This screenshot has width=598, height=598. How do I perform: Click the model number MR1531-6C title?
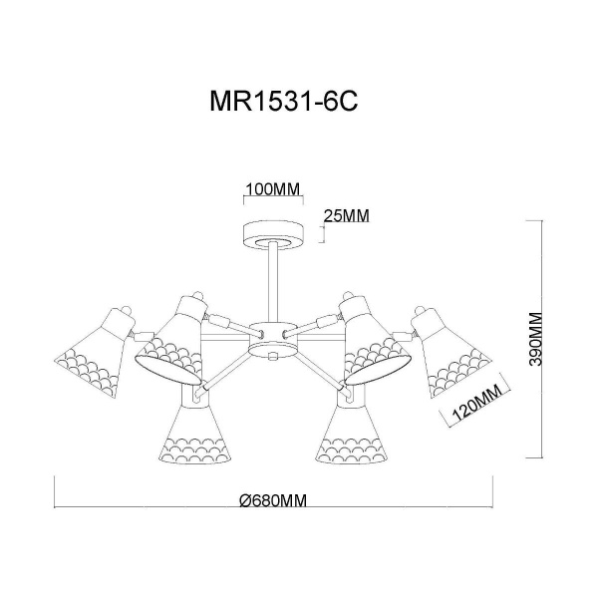pos(284,101)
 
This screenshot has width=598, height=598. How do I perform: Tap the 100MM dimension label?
pos(273,188)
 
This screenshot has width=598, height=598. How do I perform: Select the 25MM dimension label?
pos(346,216)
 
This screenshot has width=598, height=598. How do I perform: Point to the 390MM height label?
pos(535,339)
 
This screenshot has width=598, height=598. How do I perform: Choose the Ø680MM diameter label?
pos(273,500)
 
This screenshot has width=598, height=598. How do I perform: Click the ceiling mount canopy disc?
pos(273,235)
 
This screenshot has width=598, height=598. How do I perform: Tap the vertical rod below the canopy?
pos(273,283)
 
